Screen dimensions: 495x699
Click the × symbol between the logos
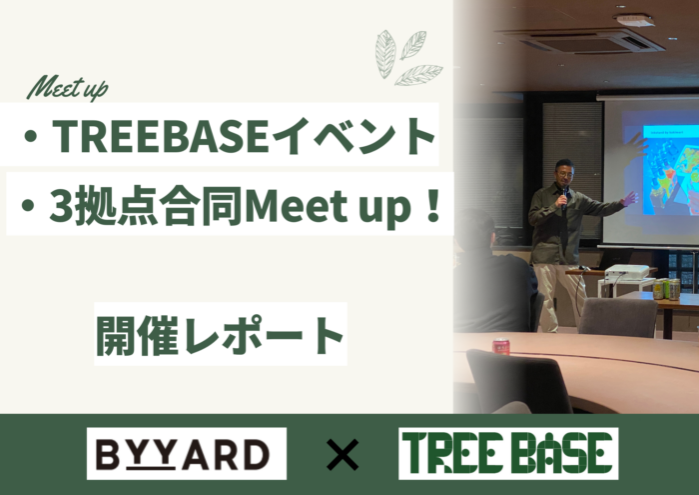(x=343, y=456)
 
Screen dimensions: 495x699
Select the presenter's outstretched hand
(x=629, y=199)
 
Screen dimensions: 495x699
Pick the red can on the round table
(x=501, y=346)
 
